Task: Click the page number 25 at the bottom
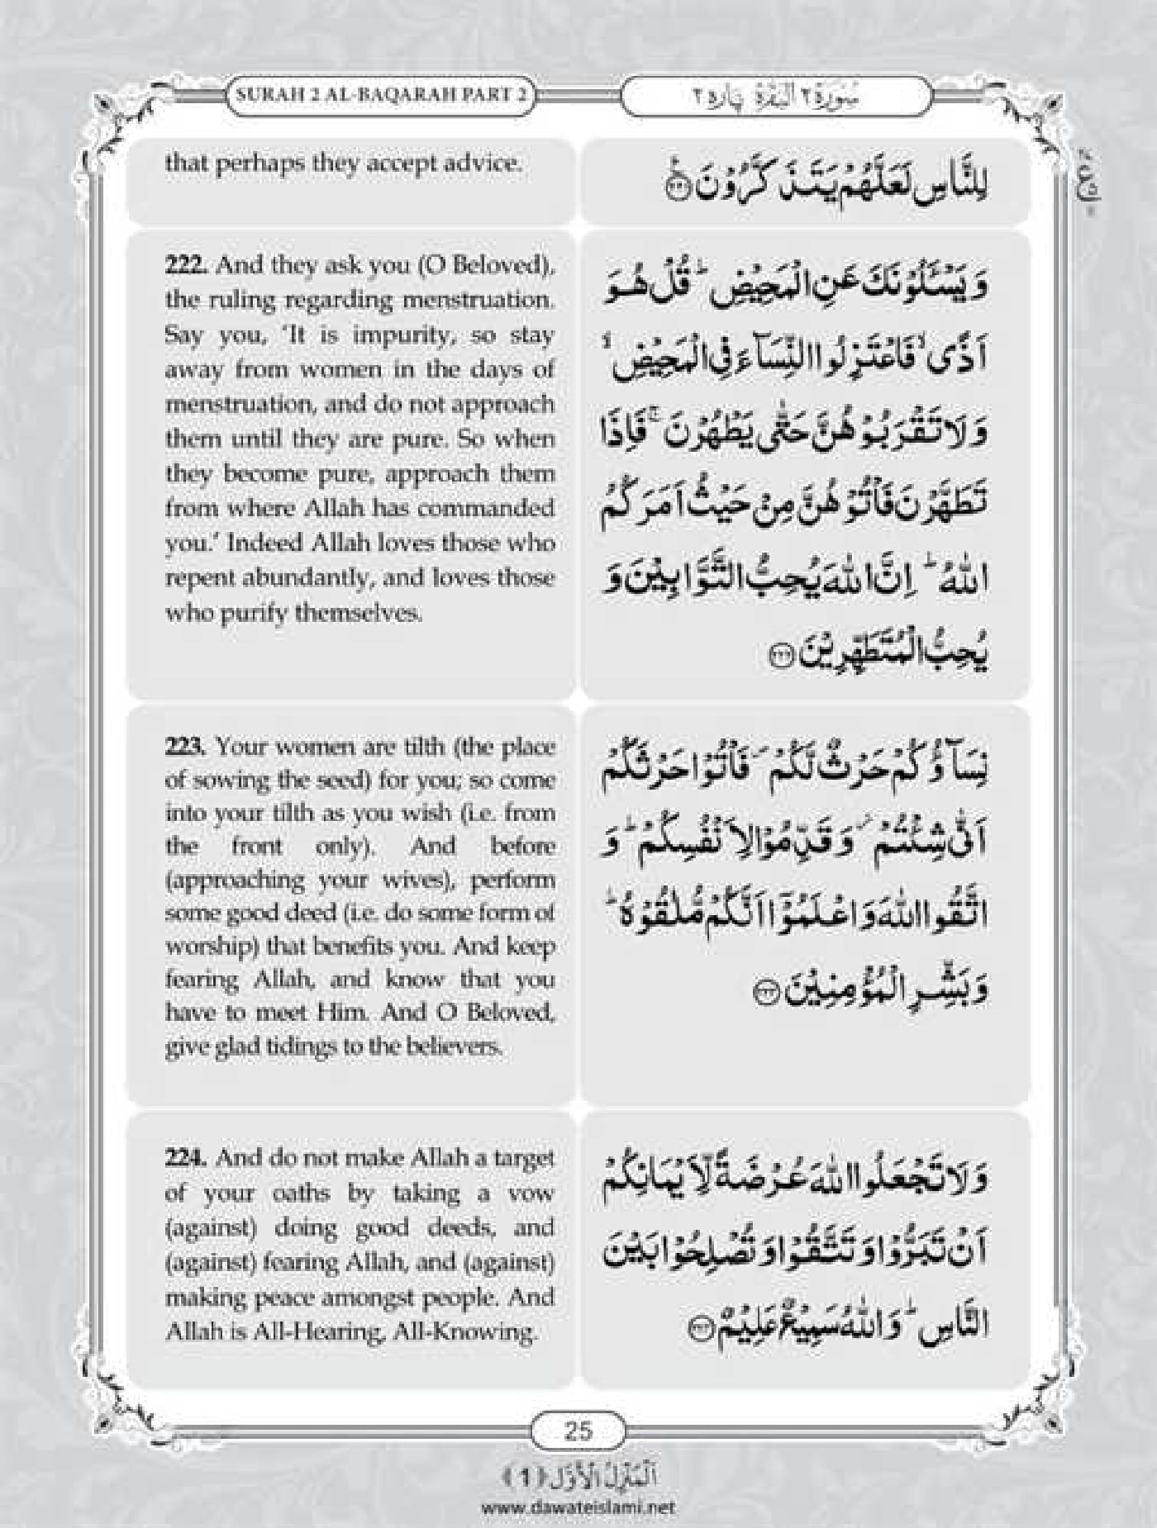coord(578,1452)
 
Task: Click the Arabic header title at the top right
coord(775,96)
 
